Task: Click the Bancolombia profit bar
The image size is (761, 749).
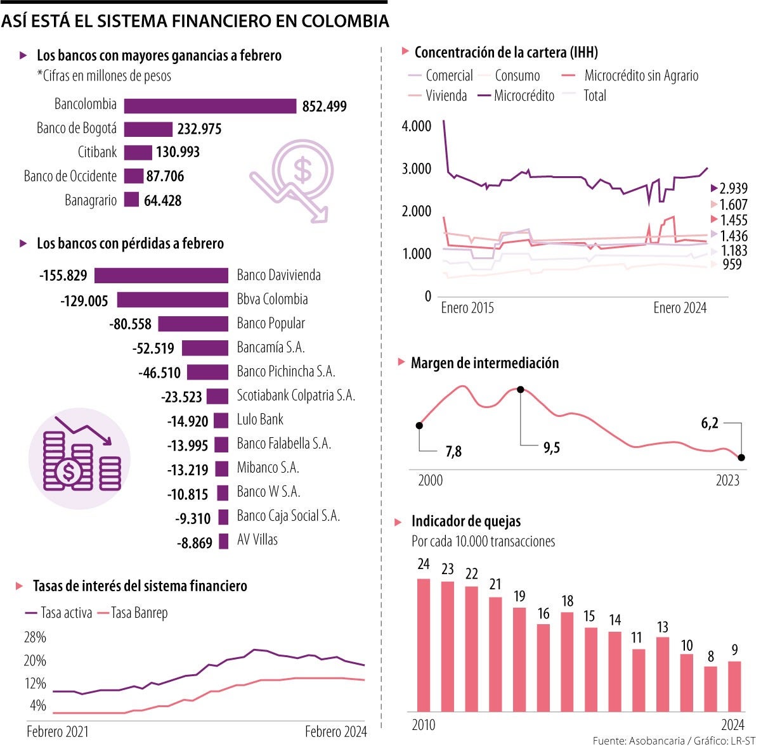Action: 210,106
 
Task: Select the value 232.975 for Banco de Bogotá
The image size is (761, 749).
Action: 199,129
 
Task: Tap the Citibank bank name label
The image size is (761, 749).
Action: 97,152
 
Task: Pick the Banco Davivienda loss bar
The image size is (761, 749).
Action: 161,275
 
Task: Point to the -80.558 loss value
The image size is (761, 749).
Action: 131,324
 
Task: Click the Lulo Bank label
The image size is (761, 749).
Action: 260,419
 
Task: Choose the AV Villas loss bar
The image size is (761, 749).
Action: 223,541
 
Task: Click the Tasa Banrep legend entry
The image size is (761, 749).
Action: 139,613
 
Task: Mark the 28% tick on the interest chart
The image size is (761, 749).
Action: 35,637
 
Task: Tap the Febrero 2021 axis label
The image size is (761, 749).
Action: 58,732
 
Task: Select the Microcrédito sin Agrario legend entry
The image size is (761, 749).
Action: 641,76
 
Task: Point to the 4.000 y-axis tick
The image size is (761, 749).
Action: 416,126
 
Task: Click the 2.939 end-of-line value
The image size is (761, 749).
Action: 733,188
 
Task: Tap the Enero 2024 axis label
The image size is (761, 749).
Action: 680,308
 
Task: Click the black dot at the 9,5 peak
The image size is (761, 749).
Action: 521,390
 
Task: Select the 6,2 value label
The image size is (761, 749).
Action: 710,423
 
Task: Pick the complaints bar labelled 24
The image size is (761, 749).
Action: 424,644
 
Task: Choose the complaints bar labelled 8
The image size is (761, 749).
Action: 711,688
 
